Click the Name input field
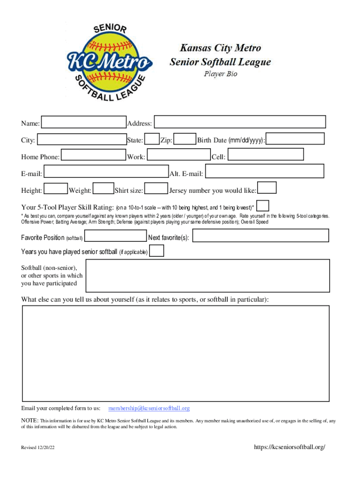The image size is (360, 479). [x=84, y=123]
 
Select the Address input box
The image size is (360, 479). [x=240, y=122]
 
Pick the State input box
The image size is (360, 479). [x=151, y=139]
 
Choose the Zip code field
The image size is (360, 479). [x=185, y=139]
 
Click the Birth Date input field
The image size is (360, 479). [x=295, y=139]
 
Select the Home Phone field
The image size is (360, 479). [x=94, y=155]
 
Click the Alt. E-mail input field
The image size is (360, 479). [x=265, y=172]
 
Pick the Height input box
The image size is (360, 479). [x=56, y=189]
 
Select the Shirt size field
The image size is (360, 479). [x=156, y=189]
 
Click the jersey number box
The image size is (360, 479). [x=267, y=188]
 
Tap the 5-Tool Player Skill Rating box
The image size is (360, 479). [x=263, y=206]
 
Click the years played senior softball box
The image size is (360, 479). [x=157, y=251]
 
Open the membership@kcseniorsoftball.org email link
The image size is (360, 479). [x=149, y=408]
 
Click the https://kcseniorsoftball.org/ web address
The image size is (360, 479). [x=289, y=447]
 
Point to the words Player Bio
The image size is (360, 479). [x=220, y=74]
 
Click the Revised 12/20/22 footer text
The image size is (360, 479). [x=38, y=448]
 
